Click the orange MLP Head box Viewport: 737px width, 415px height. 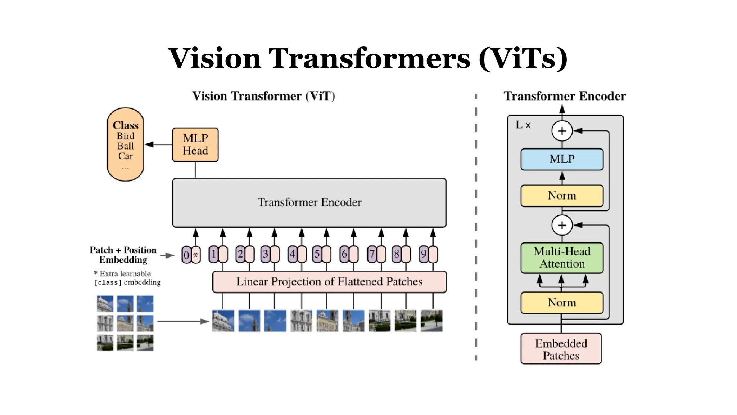195,144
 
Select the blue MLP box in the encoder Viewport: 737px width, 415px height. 562,159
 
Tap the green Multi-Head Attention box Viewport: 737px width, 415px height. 562,258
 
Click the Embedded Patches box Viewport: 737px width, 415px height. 561,349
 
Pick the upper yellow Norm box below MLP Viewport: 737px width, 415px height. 562,196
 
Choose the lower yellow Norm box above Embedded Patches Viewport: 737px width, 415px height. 562,303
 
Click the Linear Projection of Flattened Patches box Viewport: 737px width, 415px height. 329,282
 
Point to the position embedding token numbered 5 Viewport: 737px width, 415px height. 317,254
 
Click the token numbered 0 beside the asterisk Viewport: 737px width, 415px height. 186,255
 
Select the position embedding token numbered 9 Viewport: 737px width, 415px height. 424,254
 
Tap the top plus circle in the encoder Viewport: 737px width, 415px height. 562,131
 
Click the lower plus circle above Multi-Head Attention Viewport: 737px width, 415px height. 562,225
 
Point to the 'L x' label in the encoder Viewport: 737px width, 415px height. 523,125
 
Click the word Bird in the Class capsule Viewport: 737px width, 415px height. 125,136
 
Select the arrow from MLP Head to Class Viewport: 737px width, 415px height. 158,144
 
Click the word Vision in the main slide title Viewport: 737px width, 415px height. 214,58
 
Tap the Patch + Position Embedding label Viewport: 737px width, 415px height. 123,255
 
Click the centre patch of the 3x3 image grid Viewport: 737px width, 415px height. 125,323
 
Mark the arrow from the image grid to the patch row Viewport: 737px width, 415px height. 183,321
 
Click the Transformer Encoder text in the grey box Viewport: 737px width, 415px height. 309,202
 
